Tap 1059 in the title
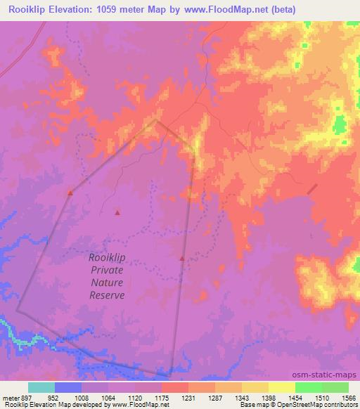click(x=117, y=10)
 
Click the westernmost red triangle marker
click(x=70, y=193)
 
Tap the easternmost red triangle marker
click(x=182, y=259)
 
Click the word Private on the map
click(x=107, y=270)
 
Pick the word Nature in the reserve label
click(x=108, y=283)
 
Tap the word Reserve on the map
click(x=107, y=295)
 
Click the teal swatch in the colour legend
click(x=41, y=387)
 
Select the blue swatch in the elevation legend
click(x=68, y=387)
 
